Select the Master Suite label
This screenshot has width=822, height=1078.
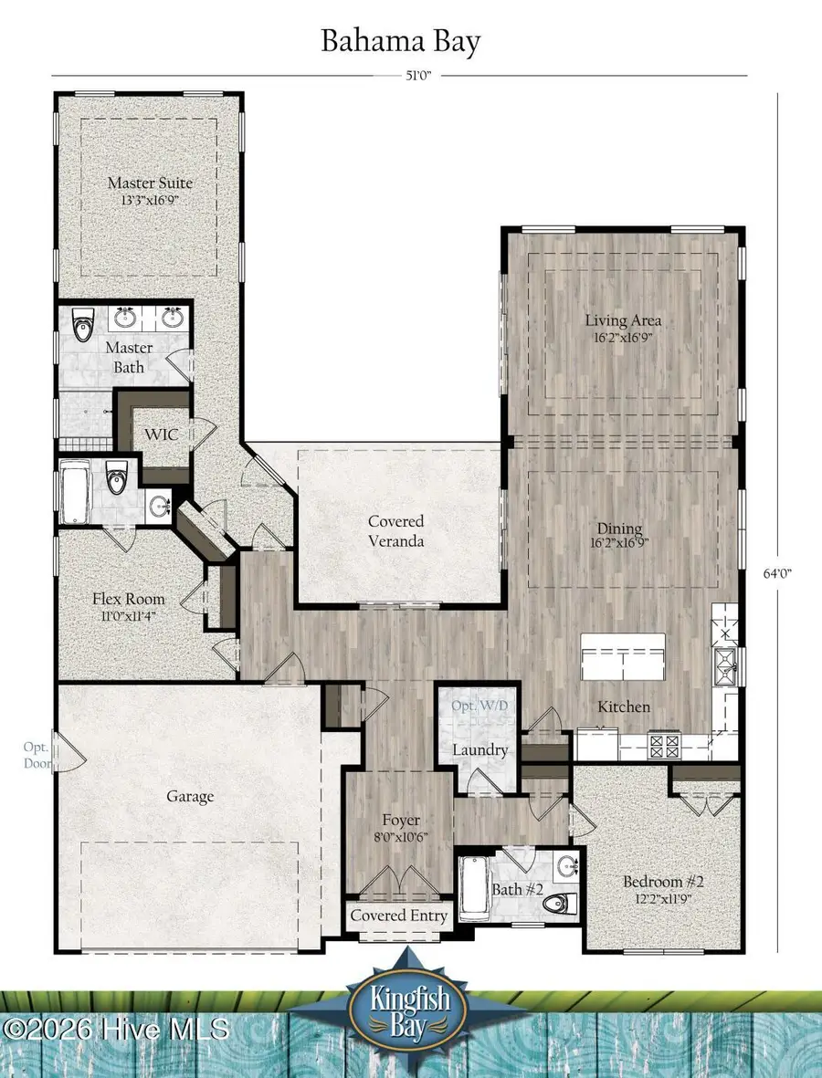(150, 183)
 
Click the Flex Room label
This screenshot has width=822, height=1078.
(129, 599)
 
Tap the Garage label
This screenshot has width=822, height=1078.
(190, 796)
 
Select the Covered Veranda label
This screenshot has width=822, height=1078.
(395, 530)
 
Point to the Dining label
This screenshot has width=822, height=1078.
(619, 529)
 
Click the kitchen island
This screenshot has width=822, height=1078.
(623, 655)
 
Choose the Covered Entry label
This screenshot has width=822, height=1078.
(399, 916)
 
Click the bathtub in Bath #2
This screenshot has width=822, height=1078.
(473, 888)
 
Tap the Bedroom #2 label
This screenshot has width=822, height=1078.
(663, 882)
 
